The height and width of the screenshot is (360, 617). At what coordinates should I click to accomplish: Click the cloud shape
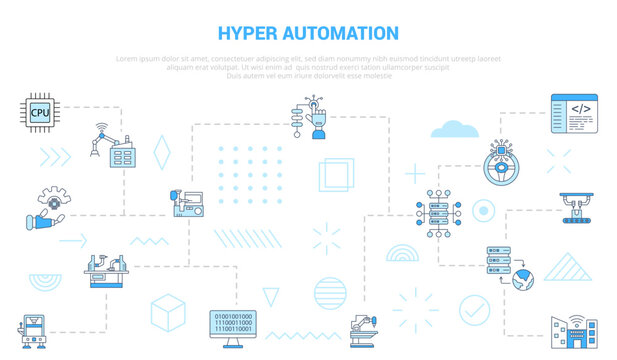pyautogui.click(x=455, y=128)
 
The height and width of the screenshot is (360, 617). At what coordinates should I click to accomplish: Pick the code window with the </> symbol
pyautogui.click(x=573, y=112)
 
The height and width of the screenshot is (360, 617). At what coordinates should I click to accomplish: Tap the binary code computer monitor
pyautogui.click(x=233, y=326)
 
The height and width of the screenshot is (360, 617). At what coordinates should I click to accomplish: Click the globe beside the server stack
pyautogui.click(x=523, y=281)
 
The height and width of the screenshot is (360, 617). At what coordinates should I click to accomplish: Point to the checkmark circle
pyautogui.click(x=474, y=305)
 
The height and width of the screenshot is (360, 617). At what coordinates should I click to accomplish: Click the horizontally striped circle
pyautogui.click(x=329, y=294)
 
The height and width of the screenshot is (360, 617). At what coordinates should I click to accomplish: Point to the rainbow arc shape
pyautogui.click(x=403, y=250)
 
